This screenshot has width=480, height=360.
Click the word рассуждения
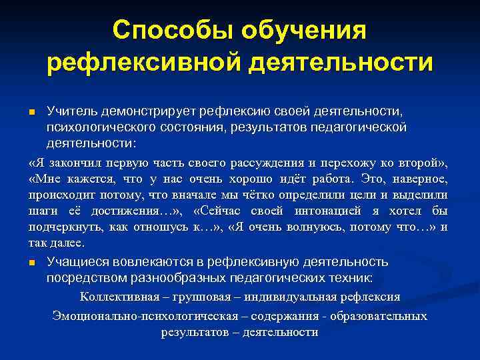263,163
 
